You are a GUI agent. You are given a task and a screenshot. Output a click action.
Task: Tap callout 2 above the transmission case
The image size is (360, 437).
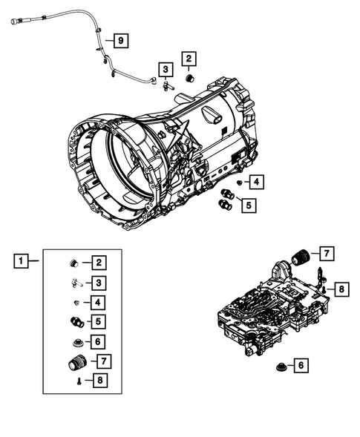coord(189,59)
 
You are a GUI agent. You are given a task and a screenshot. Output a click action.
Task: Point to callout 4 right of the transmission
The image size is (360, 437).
coord(255,182)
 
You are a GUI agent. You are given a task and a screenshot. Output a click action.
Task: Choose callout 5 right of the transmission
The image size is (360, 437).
coord(248,204)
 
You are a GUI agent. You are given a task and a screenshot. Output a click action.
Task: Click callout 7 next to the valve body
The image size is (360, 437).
coord(327,254)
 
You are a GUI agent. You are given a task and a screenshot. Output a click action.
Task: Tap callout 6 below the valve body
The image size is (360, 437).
coord(300,365)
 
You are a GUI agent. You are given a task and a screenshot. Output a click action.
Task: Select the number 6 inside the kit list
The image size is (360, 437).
coord(97,341)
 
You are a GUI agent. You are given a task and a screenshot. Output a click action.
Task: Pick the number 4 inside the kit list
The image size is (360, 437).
coord(97,301)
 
